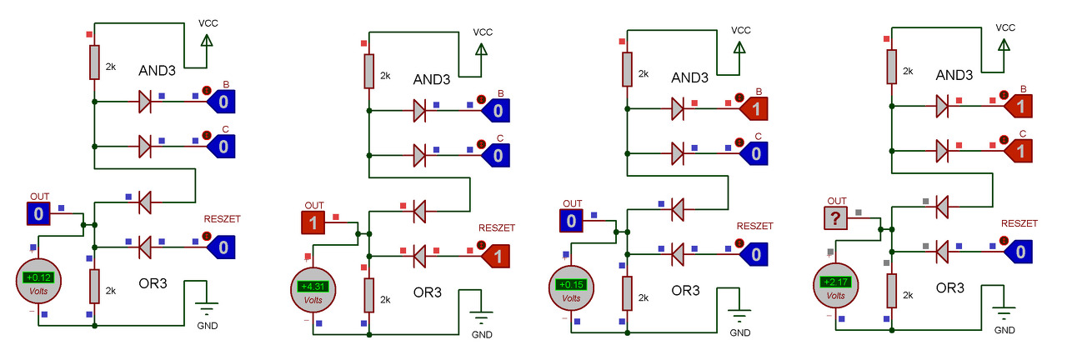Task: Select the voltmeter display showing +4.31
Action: pos(313,287)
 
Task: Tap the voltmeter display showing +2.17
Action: pos(835,282)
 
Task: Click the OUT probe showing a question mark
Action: pos(835,218)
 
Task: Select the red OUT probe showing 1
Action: pos(313,222)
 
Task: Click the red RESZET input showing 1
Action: pos(495,256)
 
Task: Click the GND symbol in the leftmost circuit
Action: pos(207,309)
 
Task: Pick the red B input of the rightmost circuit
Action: pos(1018,106)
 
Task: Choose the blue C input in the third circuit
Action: pos(754,153)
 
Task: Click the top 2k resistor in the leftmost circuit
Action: pos(94,62)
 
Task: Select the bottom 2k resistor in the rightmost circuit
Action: pos(892,291)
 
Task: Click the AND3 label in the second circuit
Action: pos(432,79)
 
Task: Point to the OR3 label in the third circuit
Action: pos(685,291)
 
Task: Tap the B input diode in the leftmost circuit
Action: pos(145,102)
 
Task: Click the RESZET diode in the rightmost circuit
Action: pos(942,252)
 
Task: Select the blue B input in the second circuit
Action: pos(495,111)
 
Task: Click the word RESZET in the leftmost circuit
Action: pos(222,219)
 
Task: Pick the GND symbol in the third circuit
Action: pos(739,316)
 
